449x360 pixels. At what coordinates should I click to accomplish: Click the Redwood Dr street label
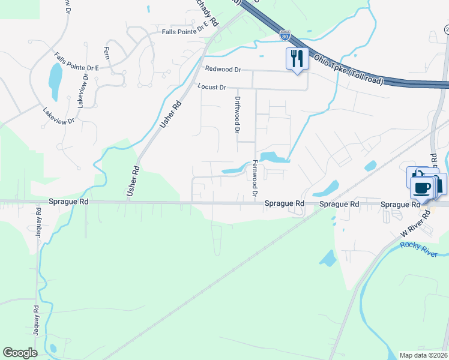click(x=222, y=70)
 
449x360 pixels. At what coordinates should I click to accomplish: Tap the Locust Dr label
click(x=212, y=88)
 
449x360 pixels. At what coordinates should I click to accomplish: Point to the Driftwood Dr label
click(x=237, y=115)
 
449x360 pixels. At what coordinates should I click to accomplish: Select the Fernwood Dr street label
click(x=255, y=178)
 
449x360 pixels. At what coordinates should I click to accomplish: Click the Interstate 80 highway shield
click(x=285, y=36)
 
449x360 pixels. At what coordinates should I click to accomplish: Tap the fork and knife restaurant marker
click(x=297, y=59)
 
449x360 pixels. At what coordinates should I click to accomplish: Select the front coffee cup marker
click(x=421, y=188)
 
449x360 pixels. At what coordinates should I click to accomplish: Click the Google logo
click(x=20, y=353)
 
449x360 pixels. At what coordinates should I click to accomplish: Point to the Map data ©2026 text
click(x=423, y=355)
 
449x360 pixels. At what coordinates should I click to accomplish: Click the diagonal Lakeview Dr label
click(x=58, y=116)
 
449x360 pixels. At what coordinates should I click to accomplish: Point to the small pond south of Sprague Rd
click(x=328, y=258)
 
